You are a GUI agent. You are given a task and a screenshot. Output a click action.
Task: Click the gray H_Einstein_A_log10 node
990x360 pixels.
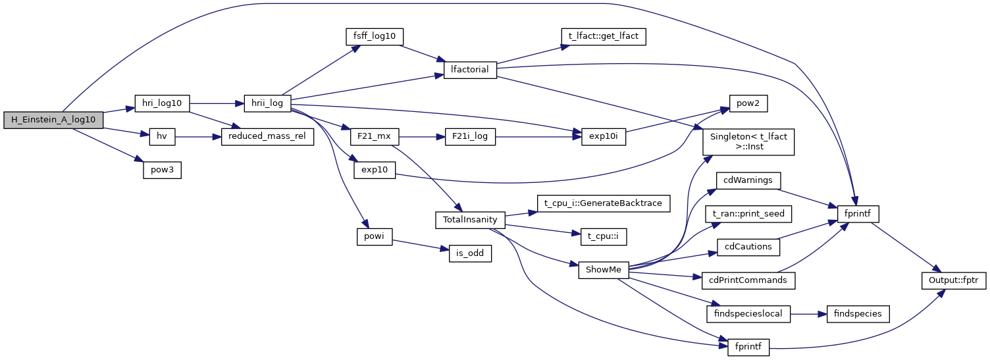[53, 120]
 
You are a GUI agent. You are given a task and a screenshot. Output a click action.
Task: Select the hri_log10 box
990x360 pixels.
[162, 103]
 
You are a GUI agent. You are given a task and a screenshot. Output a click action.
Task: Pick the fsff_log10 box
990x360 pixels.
[374, 36]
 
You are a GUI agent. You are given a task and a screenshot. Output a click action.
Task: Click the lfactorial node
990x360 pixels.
[469, 70]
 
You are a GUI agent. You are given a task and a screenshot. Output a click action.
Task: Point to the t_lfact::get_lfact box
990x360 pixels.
[602, 36]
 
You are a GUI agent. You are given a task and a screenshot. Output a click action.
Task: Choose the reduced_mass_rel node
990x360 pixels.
[267, 137]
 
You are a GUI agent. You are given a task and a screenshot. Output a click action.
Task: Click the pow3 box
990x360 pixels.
[162, 170]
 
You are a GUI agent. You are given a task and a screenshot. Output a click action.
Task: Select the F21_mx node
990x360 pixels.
[374, 137]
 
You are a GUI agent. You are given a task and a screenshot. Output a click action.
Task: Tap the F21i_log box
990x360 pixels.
[469, 137]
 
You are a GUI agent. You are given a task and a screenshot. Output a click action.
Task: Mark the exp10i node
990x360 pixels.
[602, 137]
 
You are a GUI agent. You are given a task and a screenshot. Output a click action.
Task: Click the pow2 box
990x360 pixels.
[748, 103]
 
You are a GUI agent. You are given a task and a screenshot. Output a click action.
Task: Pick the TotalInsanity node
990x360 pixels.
[469, 220]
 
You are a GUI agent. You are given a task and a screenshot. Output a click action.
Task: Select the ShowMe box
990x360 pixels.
[602, 270]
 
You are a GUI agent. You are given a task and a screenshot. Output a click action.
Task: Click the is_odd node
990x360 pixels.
[469, 253]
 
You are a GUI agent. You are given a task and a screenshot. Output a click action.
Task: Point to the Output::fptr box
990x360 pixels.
[953, 280]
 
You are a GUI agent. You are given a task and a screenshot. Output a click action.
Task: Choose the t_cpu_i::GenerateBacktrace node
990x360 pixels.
[602, 203]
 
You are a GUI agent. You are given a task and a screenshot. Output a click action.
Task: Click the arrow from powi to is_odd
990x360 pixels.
[416, 244]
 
